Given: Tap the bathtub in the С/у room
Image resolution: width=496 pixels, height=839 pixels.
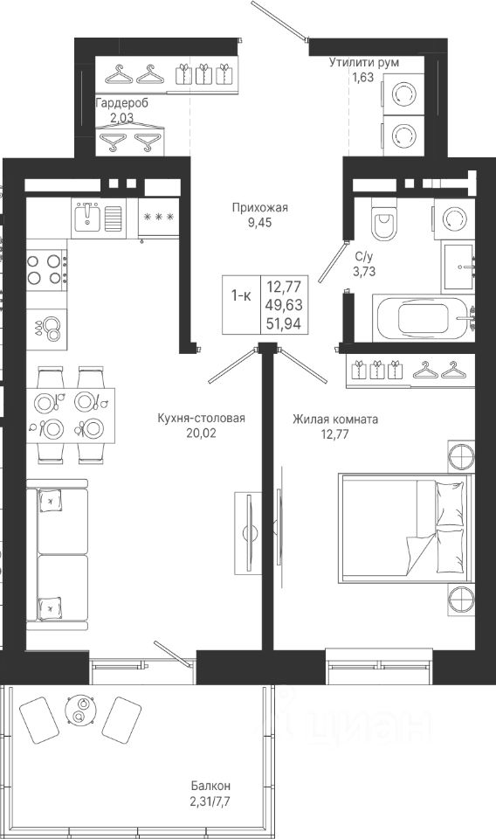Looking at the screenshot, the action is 424,318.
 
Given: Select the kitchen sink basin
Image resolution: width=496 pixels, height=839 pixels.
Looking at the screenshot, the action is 87,217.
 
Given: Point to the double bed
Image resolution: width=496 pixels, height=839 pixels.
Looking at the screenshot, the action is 404,527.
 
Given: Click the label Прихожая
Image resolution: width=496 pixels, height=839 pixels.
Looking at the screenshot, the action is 259,207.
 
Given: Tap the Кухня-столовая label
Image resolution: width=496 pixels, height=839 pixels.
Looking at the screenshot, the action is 202,419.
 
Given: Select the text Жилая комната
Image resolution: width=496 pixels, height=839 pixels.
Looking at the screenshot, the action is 335,419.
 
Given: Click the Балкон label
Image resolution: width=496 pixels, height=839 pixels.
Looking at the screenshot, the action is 211,786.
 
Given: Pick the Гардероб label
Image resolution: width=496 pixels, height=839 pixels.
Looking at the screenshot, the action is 122,103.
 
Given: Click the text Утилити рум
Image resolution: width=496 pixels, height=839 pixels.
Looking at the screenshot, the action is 364,62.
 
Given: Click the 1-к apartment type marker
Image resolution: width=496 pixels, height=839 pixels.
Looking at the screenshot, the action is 240,295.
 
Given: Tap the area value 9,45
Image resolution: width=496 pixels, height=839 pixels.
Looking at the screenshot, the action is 259,223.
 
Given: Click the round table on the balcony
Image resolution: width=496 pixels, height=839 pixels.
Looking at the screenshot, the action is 80,710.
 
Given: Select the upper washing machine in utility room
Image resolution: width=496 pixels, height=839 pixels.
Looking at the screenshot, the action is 403,94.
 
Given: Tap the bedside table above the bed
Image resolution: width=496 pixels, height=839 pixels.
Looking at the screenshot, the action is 461,456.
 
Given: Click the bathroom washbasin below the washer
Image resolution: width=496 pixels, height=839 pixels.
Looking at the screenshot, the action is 458,266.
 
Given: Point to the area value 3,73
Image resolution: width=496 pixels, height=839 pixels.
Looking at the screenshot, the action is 364,271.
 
